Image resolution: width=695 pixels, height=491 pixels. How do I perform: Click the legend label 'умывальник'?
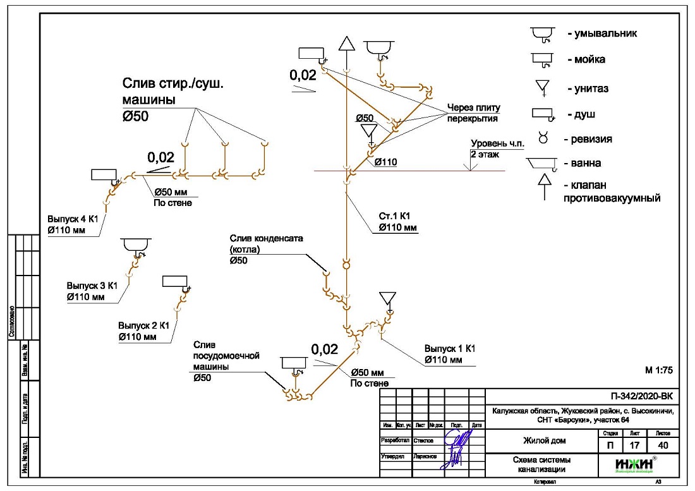click(601, 33)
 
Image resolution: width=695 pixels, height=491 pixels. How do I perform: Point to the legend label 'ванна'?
click(587, 163)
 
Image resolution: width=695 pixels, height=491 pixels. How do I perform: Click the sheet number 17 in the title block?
click(633, 446)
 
